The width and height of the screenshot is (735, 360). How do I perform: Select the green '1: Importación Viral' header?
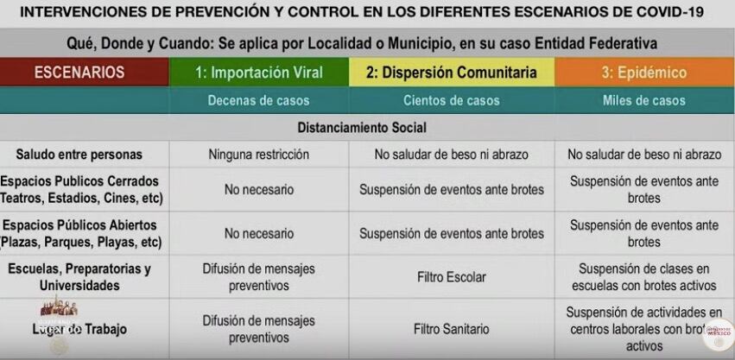tap(259, 73)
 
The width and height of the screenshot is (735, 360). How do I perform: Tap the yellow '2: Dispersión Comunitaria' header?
tap(451, 73)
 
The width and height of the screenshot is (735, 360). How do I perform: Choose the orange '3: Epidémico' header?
tap(644, 73)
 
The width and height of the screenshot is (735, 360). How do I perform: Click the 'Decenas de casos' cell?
tap(259, 100)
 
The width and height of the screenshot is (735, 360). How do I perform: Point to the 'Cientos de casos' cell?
tap(451, 100)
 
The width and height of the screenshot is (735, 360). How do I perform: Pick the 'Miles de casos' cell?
tap(644, 100)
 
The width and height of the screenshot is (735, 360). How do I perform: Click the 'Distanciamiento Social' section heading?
tap(362, 127)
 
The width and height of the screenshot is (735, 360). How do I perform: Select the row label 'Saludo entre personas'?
tap(79, 155)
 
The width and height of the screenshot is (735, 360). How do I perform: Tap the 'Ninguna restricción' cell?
tap(259, 155)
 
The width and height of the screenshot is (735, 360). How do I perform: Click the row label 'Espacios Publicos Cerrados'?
tap(79, 181)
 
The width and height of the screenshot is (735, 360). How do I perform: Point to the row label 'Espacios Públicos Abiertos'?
tap(79, 224)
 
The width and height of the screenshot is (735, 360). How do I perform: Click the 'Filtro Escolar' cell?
tap(451, 277)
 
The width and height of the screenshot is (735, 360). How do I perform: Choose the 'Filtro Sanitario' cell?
tap(451, 329)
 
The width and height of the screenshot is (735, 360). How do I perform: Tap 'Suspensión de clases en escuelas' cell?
tap(644, 277)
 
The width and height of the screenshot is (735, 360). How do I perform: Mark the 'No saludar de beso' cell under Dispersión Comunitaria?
tap(451, 155)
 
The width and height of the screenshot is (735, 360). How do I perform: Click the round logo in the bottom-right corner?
tap(718, 333)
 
